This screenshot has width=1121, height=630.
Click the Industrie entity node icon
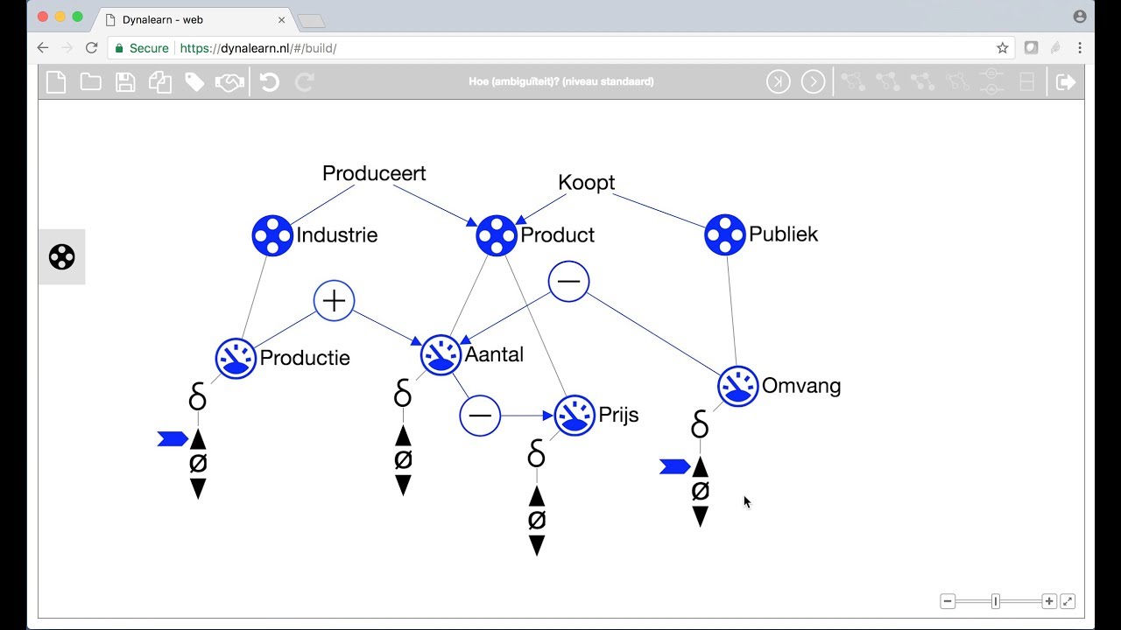(x=272, y=235)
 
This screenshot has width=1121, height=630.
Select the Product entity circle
(x=497, y=235)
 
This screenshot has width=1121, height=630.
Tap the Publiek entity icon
(x=724, y=234)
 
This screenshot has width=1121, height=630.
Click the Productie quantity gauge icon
(x=236, y=359)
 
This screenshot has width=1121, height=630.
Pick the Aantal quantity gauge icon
(x=441, y=355)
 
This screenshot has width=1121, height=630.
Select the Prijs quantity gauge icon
(x=575, y=415)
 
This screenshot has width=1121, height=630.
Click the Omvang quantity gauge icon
(x=737, y=387)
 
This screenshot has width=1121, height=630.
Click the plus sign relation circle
(x=334, y=300)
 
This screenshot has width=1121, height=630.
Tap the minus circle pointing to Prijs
(x=480, y=416)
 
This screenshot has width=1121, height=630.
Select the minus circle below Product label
(x=568, y=281)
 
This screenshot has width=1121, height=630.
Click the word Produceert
(x=374, y=173)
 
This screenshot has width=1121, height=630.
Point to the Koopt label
(x=586, y=183)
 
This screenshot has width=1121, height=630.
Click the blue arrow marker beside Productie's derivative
(x=173, y=439)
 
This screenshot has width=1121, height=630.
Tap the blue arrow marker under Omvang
(x=675, y=467)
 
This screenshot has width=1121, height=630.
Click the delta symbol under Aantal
(x=403, y=393)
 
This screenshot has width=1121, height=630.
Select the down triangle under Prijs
(x=537, y=545)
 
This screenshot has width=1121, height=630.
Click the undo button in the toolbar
(x=269, y=81)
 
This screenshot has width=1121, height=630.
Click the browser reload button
(x=91, y=48)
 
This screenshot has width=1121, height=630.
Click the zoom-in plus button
(x=1049, y=601)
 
